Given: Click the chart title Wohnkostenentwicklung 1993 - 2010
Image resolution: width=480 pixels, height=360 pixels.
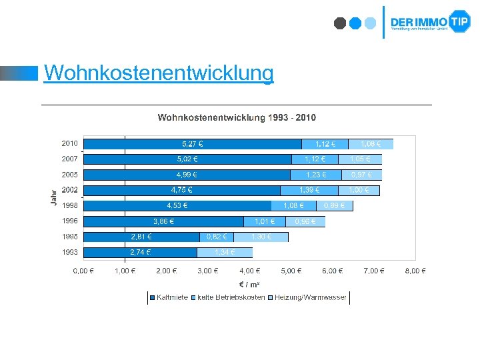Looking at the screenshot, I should coord(237,118).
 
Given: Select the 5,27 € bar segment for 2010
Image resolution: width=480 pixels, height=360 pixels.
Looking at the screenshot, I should coord(193,143).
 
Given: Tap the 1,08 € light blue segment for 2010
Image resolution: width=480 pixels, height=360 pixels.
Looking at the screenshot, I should coord(371,143).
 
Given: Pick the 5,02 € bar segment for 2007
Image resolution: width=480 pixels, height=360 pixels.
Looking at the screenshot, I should coord(187,159).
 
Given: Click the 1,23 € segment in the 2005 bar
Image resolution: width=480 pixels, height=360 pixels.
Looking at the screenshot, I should coord(315,175).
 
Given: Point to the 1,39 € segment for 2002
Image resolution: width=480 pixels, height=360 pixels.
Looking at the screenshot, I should coord(309,190).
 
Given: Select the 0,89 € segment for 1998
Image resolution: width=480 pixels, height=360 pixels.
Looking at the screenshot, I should coord(335,205).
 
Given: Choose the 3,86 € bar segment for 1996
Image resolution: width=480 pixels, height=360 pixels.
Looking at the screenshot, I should coord(164,221).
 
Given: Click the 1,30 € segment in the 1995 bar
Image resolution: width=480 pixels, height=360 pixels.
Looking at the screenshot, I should coord(261,237).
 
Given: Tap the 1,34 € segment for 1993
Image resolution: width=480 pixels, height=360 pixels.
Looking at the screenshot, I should coord(225,252).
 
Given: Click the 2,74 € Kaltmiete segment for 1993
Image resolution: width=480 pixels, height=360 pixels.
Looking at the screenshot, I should coord(140,252).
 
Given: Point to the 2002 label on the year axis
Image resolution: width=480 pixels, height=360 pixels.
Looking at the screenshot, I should coord(69,190).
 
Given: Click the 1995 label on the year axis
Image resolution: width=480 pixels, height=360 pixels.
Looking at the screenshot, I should coord(69,237).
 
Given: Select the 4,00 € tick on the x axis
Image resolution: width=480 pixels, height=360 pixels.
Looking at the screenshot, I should coord(250,271).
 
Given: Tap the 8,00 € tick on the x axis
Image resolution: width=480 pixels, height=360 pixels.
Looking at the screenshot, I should coord(415,271).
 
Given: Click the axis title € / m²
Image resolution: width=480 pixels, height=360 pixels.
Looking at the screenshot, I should coord(250,285).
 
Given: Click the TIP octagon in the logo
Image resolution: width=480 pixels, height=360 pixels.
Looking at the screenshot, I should coord(459,22).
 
